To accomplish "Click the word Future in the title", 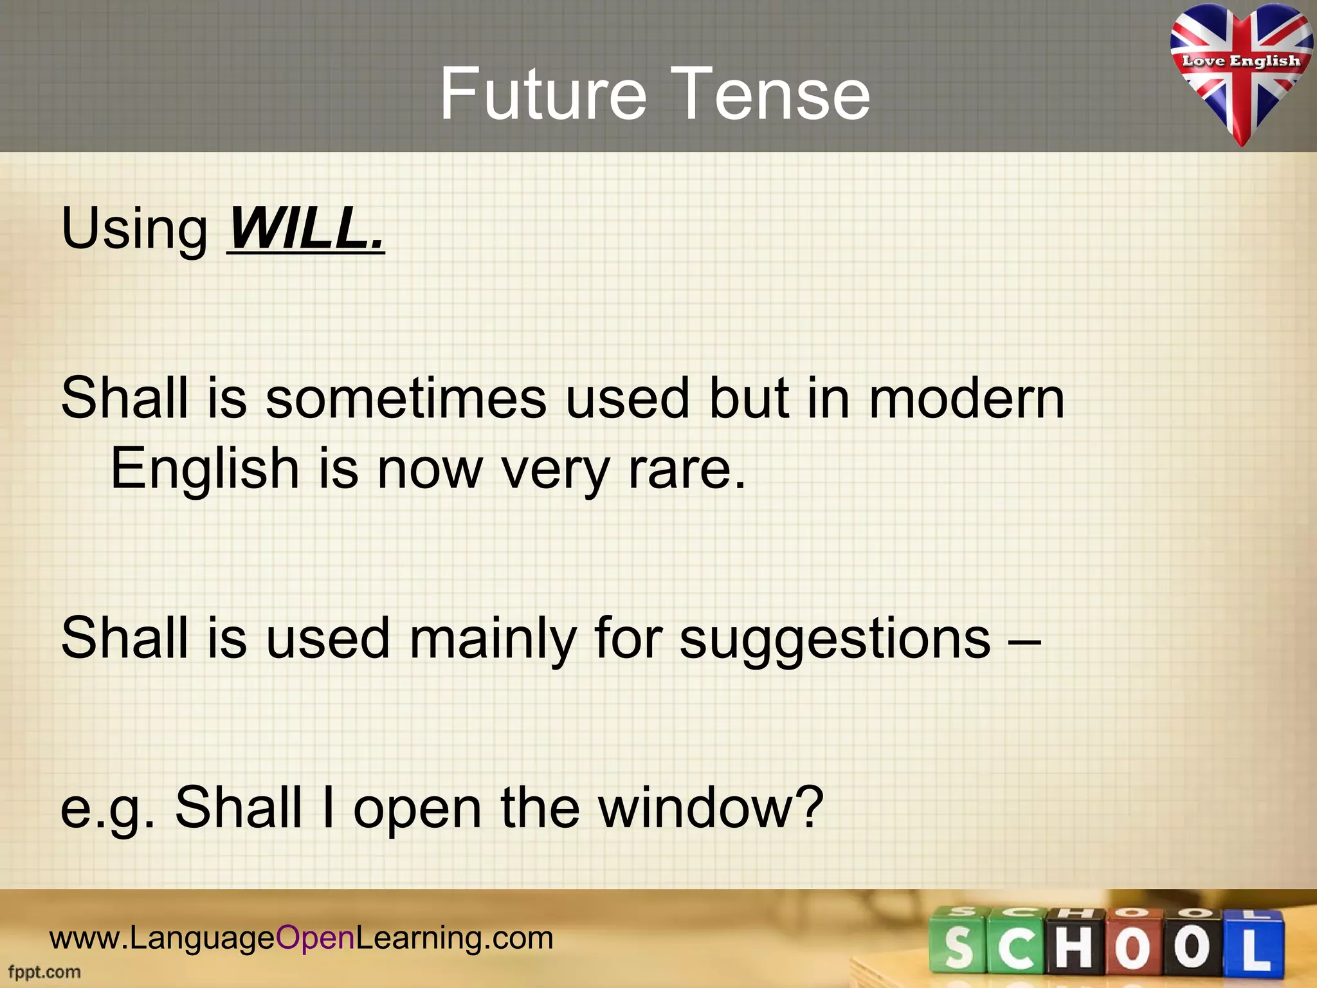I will [x=542, y=95].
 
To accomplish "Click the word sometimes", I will [x=406, y=399].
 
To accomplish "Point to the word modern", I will [x=967, y=399].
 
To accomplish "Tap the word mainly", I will [x=492, y=639].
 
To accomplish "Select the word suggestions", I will [x=835, y=640].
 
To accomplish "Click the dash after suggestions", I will [x=1025, y=640].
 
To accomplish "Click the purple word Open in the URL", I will [x=315, y=938].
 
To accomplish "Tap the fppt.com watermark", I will [x=44, y=972].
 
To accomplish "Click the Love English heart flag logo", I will [x=1240, y=71].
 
